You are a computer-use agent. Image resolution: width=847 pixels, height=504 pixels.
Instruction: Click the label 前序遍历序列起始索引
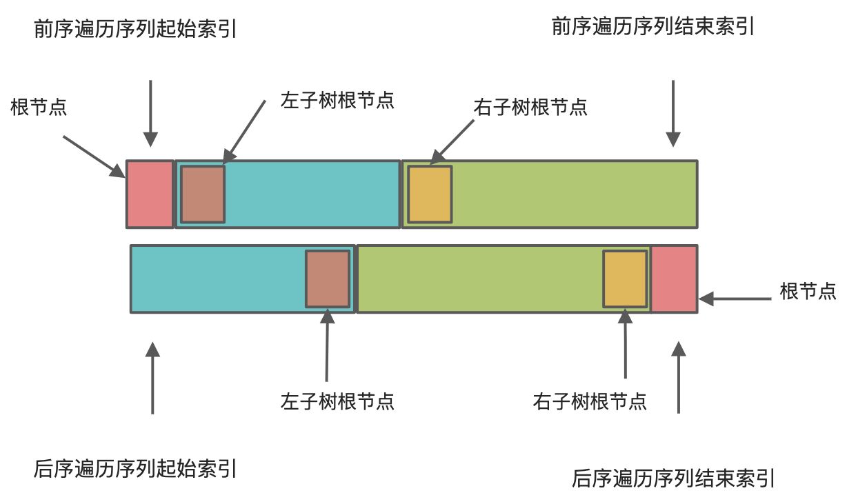(x=134, y=30)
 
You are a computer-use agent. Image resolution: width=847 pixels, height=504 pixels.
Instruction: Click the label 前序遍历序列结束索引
(x=653, y=27)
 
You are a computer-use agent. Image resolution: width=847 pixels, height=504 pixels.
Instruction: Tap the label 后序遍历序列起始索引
(x=134, y=469)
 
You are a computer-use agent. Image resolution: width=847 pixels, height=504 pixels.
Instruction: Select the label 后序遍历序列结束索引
(x=673, y=478)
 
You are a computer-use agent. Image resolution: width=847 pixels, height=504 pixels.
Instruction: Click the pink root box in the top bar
(x=150, y=194)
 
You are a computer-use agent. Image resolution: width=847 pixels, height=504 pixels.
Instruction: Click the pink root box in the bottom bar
(x=674, y=279)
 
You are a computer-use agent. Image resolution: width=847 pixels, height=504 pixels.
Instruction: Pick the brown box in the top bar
(x=203, y=194)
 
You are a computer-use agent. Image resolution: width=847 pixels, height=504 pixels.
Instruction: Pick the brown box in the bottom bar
(x=328, y=279)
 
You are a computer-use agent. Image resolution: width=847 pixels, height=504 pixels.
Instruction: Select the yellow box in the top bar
(x=430, y=194)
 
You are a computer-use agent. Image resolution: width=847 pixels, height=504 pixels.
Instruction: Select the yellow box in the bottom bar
(x=625, y=279)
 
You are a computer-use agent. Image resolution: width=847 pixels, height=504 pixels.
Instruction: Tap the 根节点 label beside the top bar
(x=39, y=108)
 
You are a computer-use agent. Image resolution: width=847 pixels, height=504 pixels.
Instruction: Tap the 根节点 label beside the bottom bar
(x=808, y=292)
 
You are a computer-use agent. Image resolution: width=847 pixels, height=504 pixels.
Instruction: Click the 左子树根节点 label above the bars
(x=337, y=100)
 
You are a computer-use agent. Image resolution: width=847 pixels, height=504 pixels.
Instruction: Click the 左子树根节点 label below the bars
(x=337, y=401)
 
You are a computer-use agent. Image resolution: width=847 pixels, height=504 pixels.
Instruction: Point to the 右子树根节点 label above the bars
(x=530, y=108)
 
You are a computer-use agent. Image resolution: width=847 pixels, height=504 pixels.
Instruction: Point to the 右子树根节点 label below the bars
(x=590, y=401)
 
